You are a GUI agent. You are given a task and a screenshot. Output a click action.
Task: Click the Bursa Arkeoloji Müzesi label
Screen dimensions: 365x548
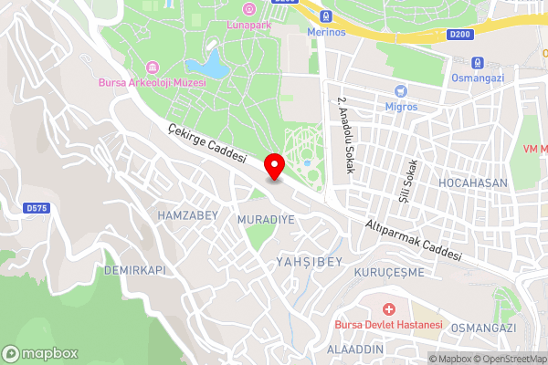pos(153,83)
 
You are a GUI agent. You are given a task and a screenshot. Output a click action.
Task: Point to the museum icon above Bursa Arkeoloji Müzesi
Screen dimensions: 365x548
pos(153,68)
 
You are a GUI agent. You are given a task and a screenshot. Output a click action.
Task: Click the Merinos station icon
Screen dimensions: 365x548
pos(326,16)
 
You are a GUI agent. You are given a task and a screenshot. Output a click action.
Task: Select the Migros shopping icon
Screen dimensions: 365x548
pos(400,91)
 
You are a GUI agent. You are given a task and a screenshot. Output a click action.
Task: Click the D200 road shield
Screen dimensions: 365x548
pos(461,36)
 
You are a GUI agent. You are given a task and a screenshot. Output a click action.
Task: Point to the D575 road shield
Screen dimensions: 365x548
pos(37,208)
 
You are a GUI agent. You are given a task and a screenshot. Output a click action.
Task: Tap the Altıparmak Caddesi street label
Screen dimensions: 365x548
pos(414,239)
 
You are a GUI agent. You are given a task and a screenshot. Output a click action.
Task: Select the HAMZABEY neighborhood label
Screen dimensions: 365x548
pos(187,214)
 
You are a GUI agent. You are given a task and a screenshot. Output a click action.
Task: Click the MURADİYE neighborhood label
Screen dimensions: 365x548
pos(266,220)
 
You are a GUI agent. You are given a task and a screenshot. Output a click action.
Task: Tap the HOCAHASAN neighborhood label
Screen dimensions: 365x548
pos(472,182)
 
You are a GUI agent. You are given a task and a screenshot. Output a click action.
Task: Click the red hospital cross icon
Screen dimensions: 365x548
pos(388,311)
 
